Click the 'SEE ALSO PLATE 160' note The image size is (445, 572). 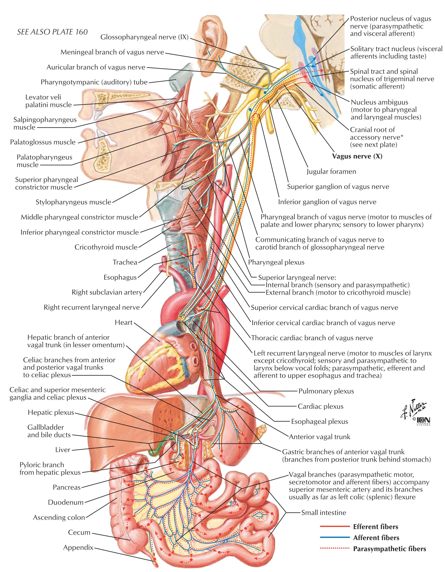point(52,32)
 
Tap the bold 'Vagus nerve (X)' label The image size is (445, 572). point(357,156)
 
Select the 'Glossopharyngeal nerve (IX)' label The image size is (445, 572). point(144,37)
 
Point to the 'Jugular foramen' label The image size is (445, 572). point(331,172)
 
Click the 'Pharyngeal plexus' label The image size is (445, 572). point(276,262)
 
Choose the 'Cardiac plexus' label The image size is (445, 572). point(321,407)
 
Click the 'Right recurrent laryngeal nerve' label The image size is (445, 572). point(92,307)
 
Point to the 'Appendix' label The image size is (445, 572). point(78,547)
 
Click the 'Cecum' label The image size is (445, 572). point(79,533)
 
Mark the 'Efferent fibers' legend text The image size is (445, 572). point(375,527)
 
